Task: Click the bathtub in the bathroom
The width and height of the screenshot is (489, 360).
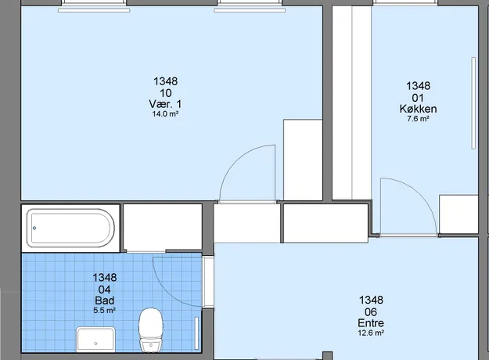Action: point(70,228)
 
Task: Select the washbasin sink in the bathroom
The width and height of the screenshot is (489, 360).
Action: point(95,339)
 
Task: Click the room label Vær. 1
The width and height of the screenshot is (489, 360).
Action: point(165,104)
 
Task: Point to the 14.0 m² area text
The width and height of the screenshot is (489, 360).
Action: point(165,113)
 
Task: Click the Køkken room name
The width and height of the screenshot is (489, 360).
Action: point(418,109)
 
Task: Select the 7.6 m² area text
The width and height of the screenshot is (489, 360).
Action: point(418,119)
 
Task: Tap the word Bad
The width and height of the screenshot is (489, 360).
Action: point(105,301)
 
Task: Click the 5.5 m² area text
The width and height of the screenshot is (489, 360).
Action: point(105,311)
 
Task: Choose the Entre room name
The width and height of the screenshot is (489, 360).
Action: point(371,323)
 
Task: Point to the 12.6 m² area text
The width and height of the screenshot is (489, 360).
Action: point(371,333)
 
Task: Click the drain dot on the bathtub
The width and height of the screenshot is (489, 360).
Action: point(34,228)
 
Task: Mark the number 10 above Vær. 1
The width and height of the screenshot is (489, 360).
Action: point(166,93)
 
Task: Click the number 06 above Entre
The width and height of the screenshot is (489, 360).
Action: point(371,311)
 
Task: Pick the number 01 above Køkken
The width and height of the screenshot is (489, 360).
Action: point(418,98)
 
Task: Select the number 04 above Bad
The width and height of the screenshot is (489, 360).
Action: point(105,290)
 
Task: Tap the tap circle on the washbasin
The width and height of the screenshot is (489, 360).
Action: point(95,344)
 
